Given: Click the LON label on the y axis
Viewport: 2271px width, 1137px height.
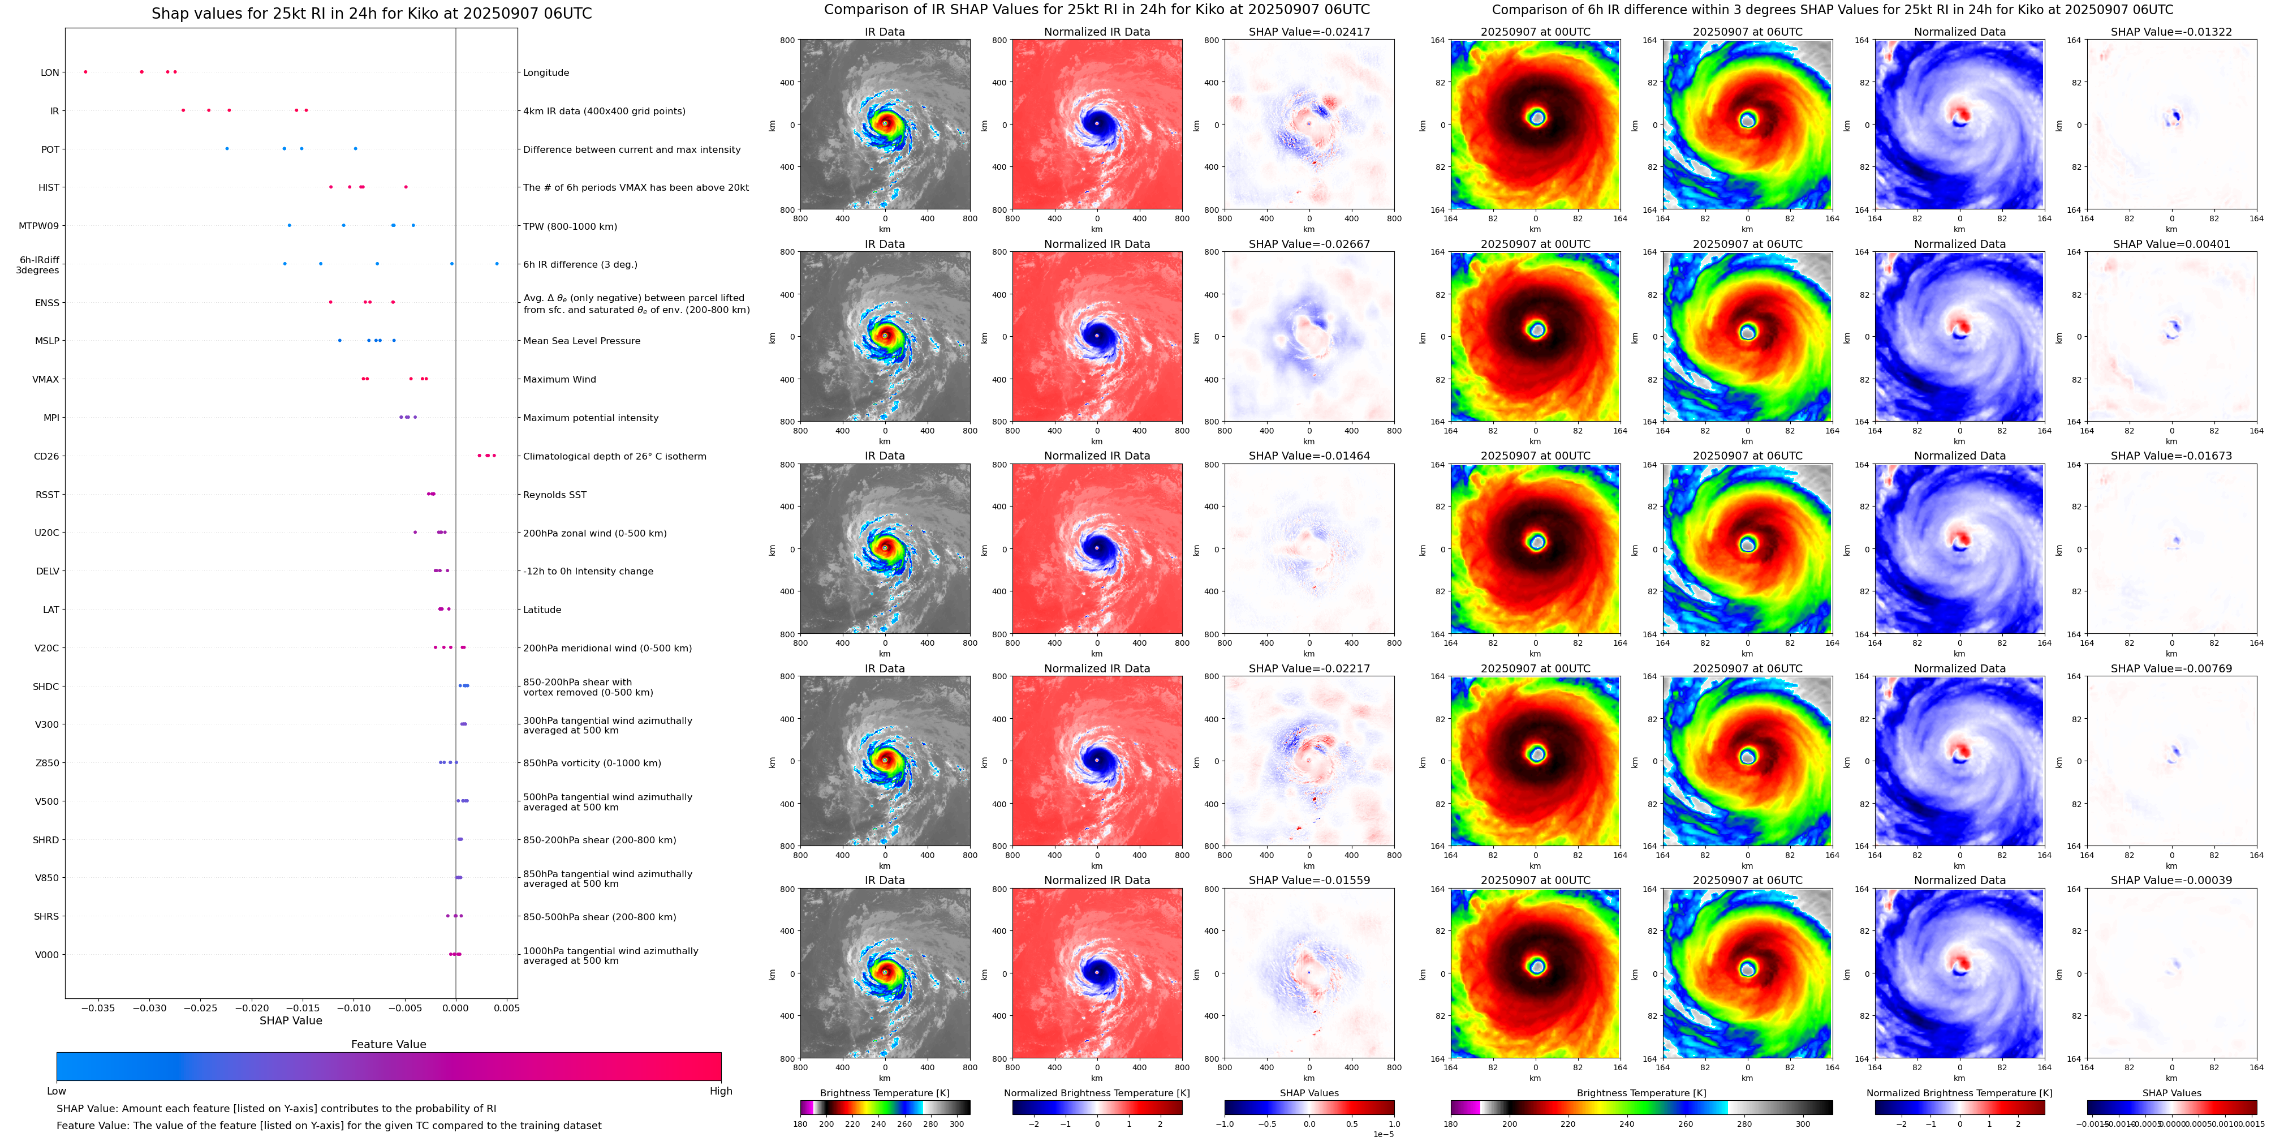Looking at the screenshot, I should (x=50, y=72).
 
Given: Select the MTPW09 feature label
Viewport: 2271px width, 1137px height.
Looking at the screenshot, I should (x=39, y=226).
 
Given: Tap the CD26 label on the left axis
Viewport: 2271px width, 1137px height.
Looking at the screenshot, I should (x=47, y=456).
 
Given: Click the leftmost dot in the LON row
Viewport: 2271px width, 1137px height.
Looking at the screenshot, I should (x=85, y=71).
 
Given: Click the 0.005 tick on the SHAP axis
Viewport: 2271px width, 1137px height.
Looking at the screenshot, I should (x=506, y=1007).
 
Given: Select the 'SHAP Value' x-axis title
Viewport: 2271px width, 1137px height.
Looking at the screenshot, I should (x=291, y=1020).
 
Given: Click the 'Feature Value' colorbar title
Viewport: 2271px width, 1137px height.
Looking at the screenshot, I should (x=388, y=1044).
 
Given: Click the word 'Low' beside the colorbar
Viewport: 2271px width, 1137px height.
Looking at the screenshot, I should (x=57, y=1091).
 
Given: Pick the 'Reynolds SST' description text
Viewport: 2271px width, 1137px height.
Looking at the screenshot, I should (x=554, y=495).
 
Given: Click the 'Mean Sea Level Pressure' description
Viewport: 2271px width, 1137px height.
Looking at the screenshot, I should (x=582, y=341).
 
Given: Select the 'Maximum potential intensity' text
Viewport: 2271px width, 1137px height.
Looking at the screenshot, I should (x=591, y=418).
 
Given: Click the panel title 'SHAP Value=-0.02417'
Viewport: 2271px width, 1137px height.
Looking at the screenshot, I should (x=1309, y=32).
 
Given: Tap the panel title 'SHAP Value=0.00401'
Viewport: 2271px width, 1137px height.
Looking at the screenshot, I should (x=2171, y=244).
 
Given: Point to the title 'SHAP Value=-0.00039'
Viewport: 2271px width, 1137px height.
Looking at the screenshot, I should (x=2171, y=880).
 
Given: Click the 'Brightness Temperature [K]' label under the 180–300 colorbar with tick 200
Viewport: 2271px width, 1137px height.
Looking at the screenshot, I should (x=884, y=1093).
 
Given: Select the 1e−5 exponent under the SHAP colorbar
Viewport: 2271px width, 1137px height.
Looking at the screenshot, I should (x=1383, y=1134).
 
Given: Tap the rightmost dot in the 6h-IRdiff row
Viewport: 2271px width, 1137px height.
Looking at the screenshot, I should (x=497, y=264).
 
